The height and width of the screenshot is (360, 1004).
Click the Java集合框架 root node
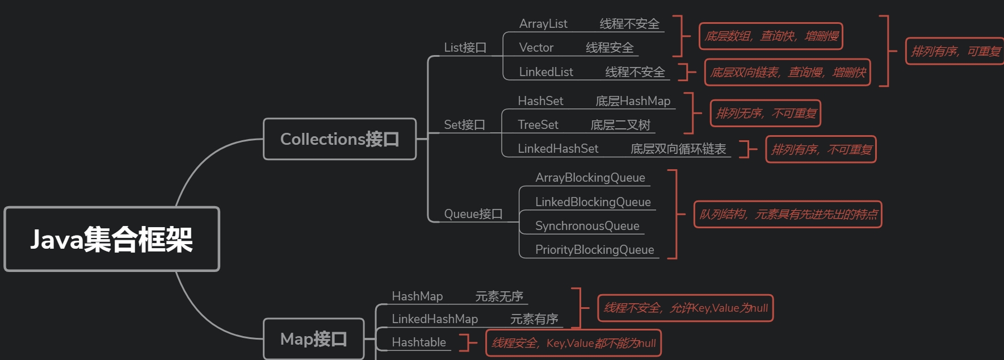click(112, 239)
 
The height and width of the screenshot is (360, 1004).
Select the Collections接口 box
click(339, 139)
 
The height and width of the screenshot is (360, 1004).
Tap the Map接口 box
click(313, 339)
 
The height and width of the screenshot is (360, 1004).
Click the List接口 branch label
click(465, 48)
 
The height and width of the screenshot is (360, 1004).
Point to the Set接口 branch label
click(464, 125)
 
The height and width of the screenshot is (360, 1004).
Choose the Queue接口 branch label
click(473, 214)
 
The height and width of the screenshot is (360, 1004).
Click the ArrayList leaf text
click(543, 24)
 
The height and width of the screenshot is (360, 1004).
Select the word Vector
click(536, 48)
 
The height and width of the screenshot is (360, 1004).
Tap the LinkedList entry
click(546, 72)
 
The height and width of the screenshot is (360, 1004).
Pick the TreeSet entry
click(538, 125)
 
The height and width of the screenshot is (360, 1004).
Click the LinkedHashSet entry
click(558, 149)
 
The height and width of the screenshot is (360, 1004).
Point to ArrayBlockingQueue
click(590, 178)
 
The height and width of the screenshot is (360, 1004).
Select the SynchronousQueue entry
click(587, 226)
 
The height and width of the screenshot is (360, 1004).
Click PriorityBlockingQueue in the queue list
click(594, 250)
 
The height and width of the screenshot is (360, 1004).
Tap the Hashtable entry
click(419, 342)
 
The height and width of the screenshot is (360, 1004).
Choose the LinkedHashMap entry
click(435, 319)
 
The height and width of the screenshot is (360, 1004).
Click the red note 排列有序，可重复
click(955, 52)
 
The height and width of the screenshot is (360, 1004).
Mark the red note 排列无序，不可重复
click(766, 114)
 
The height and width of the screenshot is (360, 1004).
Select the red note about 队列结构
click(788, 215)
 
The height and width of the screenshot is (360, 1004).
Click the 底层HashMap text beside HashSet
click(633, 101)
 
